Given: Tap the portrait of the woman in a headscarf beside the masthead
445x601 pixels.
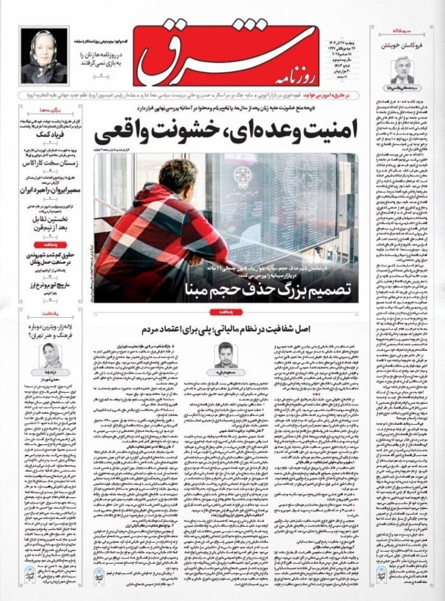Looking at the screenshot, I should pos(44,56).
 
